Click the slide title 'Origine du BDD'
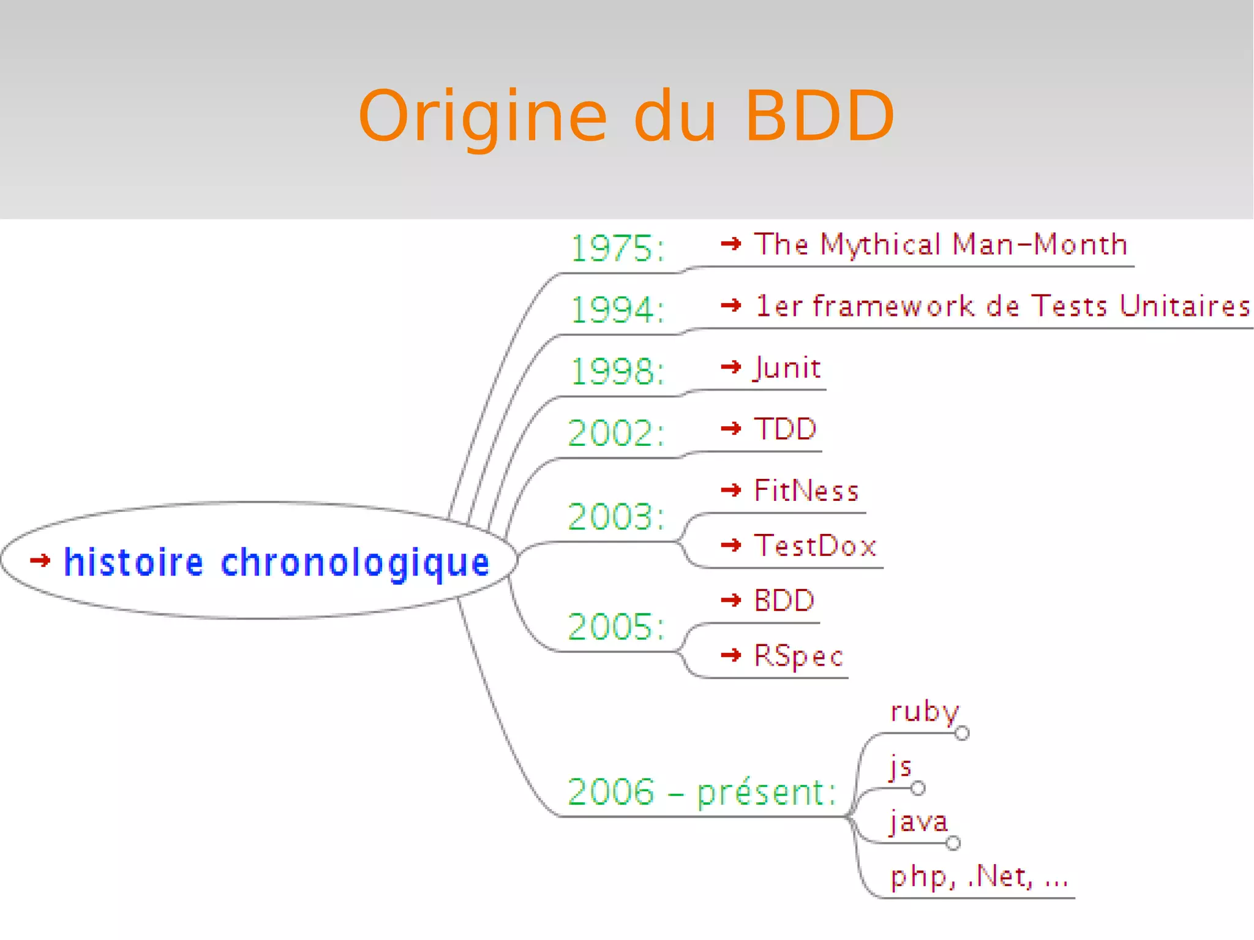coord(626,116)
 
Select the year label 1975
coord(617,249)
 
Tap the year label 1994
coord(617,309)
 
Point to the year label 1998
coord(617,371)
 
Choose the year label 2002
coord(615,433)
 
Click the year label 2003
coord(615,516)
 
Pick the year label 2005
coord(615,626)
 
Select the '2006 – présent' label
coord(701,792)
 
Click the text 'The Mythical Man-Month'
coord(940,244)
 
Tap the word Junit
coord(787,368)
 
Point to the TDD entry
coord(785,429)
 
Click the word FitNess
coord(806,491)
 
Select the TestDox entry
coord(815,546)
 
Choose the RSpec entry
coord(798,656)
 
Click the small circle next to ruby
coord(962,733)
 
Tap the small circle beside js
coord(917,788)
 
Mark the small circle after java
coord(953,843)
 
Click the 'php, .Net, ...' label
coord(979,877)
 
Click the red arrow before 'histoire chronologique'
coord(40,560)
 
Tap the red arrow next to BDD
coord(731,600)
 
